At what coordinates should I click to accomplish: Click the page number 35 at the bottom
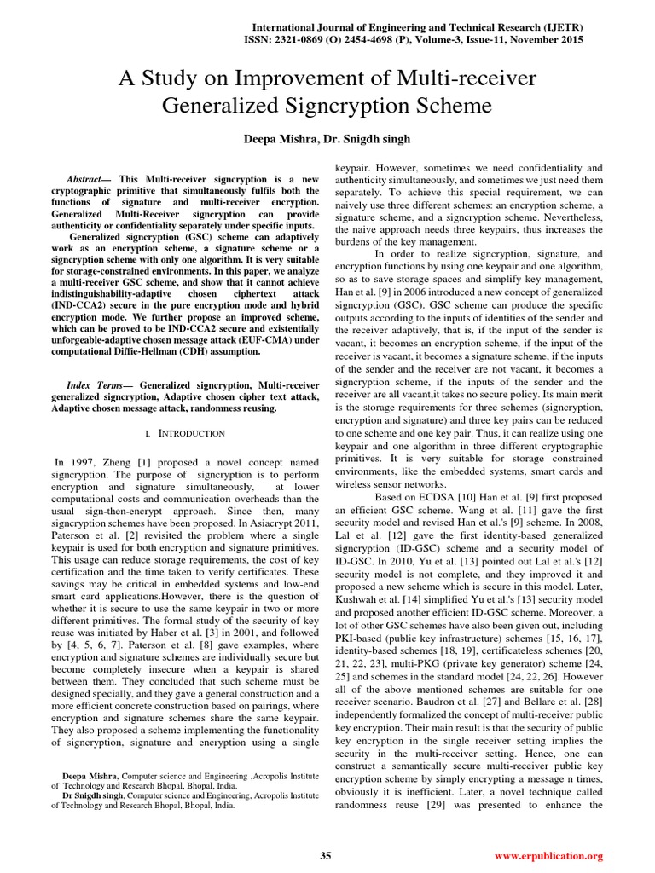tap(325, 855)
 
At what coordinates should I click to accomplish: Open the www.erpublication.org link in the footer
tap(548, 855)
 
